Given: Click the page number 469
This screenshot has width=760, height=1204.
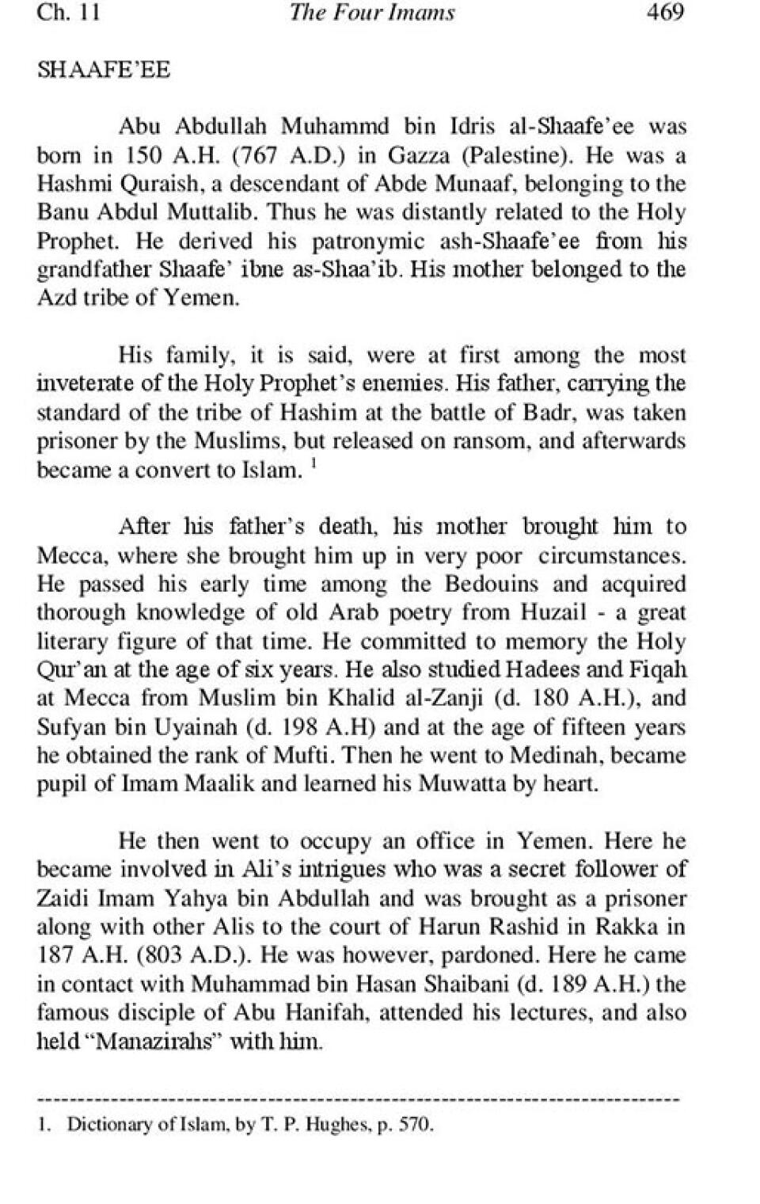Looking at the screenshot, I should (x=664, y=13).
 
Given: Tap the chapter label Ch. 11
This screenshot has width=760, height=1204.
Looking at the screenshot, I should (x=69, y=13).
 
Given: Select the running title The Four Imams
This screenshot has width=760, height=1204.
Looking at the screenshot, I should (x=372, y=13).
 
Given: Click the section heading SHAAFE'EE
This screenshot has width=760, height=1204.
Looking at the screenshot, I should (x=104, y=70).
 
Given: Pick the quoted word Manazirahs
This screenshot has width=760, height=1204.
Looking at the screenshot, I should (x=159, y=1041).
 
